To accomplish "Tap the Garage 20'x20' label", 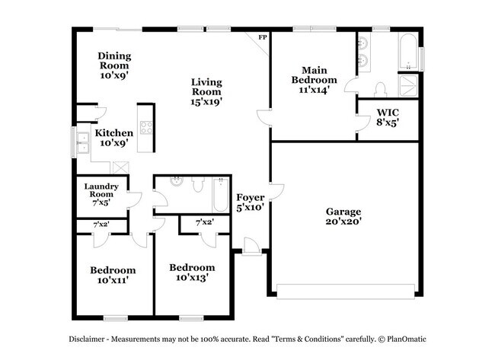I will click(x=344, y=216).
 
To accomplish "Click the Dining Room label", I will click(x=115, y=65).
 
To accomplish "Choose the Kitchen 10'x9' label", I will click(x=114, y=137).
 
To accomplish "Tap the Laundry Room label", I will click(x=100, y=194).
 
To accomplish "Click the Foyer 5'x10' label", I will click(x=249, y=202).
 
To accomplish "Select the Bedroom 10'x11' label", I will click(x=113, y=275).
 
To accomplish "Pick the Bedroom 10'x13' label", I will click(x=192, y=272).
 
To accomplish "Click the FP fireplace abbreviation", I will click(x=263, y=37).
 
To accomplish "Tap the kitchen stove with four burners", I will click(x=144, y=127).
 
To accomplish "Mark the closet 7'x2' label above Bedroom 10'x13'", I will click(x=204, y=222).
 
